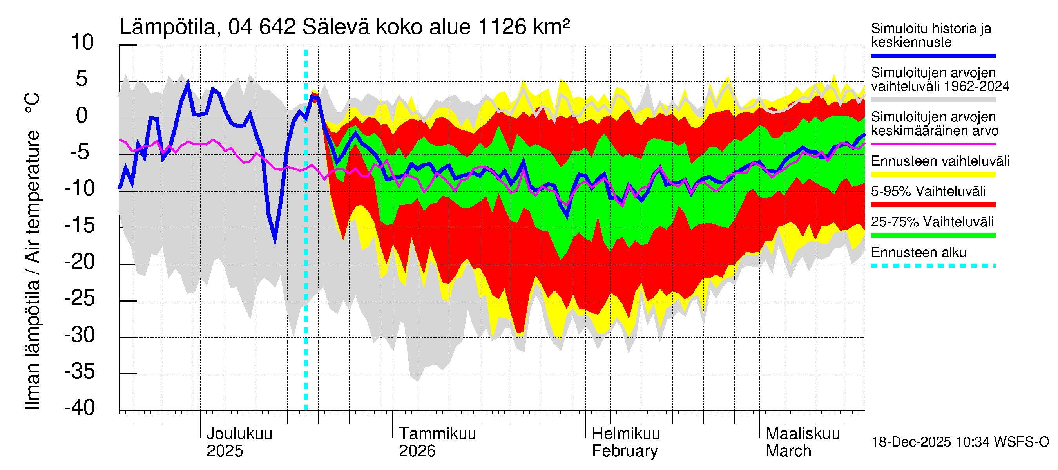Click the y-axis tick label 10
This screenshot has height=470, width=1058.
(x=82, y=43)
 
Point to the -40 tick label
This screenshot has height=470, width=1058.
(x=79, y=408)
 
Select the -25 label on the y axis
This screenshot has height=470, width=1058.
(x=79, y=298)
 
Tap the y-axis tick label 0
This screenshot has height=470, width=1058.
(x=82, y=116)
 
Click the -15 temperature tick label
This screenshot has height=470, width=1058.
(x=79, y=225)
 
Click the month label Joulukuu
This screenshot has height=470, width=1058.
(x=239, y=434)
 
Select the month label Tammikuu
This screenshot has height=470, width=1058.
(x=437, y=434)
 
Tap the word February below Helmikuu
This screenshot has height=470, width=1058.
(x=624, y=451)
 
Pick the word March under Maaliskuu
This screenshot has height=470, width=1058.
(x=788, y=451)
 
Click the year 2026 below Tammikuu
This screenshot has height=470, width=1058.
(x=417, y=451)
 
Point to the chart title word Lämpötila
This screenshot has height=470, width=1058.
(x=168, y=27)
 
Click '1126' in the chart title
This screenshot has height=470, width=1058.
(x=502, y=27)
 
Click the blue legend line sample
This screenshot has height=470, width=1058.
(x=933, y=55)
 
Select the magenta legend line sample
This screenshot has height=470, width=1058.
(x=933, y=144)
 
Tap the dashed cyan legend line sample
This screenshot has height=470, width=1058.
(x=933, y=266)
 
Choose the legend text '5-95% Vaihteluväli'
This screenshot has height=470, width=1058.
(x=928, y=191)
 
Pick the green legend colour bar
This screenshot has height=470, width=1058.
(x=933, y=235)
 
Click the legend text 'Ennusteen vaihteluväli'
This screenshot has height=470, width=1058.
(x=940, y=161)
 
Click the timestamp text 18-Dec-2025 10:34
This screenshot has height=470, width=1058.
(x=911, y=442)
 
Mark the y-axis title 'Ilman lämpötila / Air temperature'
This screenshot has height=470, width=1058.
(x=33, y=270)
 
